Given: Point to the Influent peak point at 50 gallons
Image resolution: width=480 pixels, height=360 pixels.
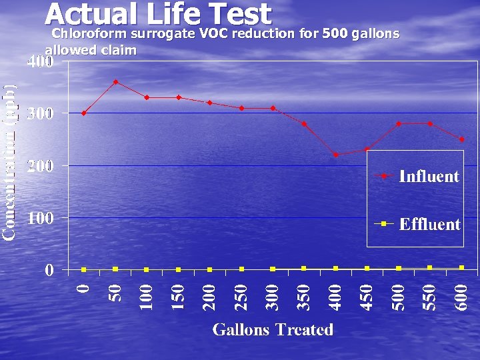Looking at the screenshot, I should pyautogui.click(x=115, y=82).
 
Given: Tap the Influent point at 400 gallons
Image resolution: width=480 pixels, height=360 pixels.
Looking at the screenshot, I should pyautogui.click(x=335, y=155).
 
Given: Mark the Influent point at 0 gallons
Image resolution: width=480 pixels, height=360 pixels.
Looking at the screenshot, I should pyautogui.click(x=83, y=113).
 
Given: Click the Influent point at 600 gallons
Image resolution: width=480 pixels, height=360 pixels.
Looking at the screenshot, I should pyautogui.click(x=461, y=139).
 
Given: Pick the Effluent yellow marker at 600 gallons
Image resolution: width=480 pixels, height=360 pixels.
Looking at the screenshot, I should pyautogui.click(x=461, y=267).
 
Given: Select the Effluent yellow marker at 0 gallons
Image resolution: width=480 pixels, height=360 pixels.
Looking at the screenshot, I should pyautogui.click(x=83, y=269).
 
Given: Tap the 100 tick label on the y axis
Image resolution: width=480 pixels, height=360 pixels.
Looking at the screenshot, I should pyautogui.click(x=40, y=218).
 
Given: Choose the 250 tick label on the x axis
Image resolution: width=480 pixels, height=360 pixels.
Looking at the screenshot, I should pyautogui.click(x=242, y=296).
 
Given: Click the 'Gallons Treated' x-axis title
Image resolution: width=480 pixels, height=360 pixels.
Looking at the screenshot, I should pyautogui.click(x=273, y=329).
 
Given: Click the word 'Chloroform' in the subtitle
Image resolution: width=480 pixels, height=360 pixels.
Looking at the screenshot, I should pyautogui.click(x=89, y=33).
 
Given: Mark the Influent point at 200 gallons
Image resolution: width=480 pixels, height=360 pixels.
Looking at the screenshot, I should pyautogui.click(x=209, y=103).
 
